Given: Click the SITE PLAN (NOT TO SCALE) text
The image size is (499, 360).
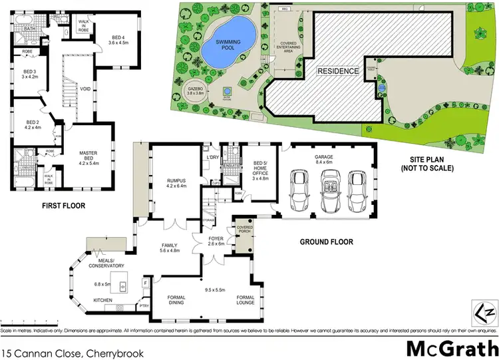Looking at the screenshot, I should (432, 164).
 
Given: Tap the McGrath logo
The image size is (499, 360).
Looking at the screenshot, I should (450, 347).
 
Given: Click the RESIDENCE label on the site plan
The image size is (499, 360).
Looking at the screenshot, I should (337, 71).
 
